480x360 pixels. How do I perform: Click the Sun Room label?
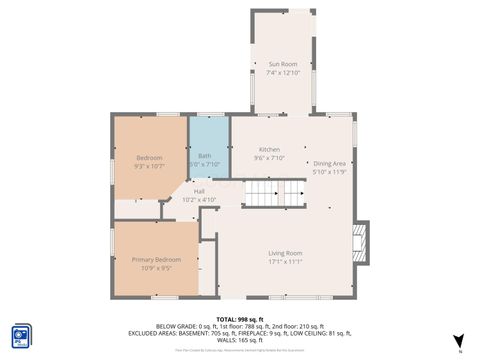283,64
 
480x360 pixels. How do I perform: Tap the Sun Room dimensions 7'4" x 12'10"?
283,73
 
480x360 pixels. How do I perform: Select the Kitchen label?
269,148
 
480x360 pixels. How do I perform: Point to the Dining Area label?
329,163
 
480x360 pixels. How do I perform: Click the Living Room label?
285,253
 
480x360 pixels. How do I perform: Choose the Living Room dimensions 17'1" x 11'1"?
285,262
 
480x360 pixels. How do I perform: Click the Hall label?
199,191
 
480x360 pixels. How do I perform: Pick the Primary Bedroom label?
156,259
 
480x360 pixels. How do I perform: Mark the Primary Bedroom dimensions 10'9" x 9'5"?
156,268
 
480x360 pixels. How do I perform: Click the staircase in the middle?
276,192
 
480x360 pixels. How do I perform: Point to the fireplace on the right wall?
361,239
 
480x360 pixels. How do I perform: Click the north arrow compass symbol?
458,341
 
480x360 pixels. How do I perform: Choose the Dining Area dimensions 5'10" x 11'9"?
329,172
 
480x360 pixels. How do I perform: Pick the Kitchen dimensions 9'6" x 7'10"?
269,157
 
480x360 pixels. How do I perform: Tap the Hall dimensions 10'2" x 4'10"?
199,200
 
